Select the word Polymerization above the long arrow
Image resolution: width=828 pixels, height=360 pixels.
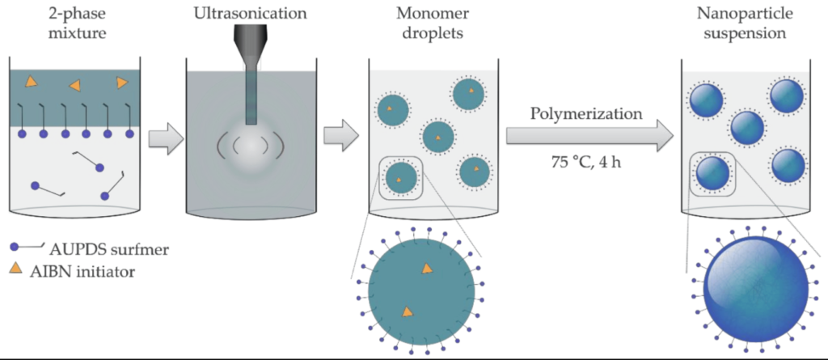click(x=586, y=113)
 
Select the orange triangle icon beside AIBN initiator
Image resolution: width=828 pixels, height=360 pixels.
click(x=17, y=268)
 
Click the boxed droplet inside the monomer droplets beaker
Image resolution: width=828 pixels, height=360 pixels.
click(x=400, y=176)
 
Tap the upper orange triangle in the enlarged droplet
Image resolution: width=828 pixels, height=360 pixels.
click(x=426, y=269)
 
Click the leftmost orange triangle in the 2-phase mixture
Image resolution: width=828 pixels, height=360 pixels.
click(x=31, y=81)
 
